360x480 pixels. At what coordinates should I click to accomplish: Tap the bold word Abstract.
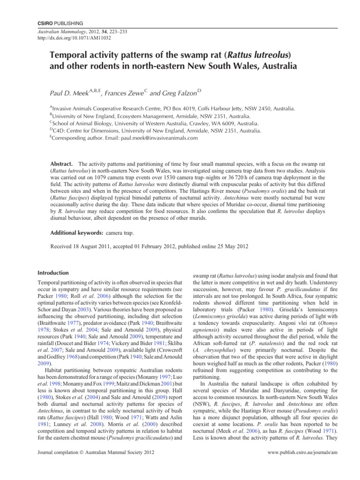pos(61,165)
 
